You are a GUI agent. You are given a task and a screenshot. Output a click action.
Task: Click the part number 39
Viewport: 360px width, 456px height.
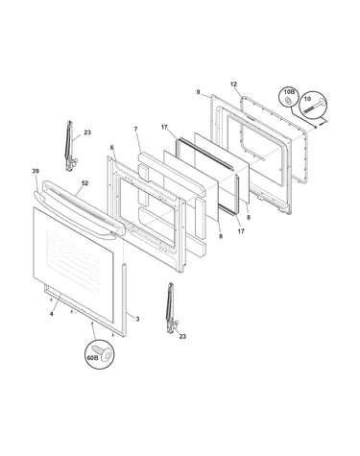(36, 171)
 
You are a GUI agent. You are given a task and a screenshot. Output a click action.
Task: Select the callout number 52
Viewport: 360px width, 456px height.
(84, 183)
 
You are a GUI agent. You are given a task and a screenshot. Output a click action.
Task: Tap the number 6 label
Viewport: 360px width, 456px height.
(111, 148)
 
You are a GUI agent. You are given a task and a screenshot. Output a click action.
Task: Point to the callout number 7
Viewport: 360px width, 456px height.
(135, 129)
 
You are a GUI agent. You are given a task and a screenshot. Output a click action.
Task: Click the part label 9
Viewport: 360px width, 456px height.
(198, 92)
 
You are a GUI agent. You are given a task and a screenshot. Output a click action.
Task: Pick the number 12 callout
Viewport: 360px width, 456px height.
(233, 84)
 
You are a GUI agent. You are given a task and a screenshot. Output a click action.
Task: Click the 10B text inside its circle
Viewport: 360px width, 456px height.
(288, 92)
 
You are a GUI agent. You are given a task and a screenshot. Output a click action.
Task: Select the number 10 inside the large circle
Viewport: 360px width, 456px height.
(307, 99)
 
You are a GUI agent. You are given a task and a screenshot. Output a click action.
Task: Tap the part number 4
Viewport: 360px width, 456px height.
(52, 314)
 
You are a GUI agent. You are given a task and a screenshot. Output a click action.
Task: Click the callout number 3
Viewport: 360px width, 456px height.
(137, 319)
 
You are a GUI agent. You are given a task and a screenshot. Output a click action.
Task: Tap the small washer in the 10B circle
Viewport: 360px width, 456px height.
(288, 101)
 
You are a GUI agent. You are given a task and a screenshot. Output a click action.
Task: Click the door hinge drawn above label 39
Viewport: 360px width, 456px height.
(70, 146)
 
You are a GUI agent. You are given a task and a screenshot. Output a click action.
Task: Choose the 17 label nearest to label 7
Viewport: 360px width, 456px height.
(164, 128)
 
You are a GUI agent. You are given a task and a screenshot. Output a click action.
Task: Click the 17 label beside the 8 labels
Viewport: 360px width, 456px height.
(241, 231)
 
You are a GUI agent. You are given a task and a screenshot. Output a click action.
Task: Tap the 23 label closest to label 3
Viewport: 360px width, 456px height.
(182, 336)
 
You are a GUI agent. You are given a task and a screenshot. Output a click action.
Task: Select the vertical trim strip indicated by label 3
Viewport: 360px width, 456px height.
(124, 300)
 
